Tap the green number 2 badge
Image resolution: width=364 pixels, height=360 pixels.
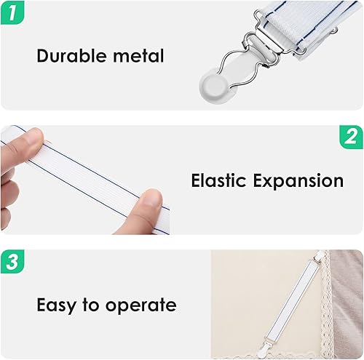tap(351, 137)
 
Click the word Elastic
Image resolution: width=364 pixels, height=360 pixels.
tap(219, 180)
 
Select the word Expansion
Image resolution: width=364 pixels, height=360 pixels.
tap(299, 180)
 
